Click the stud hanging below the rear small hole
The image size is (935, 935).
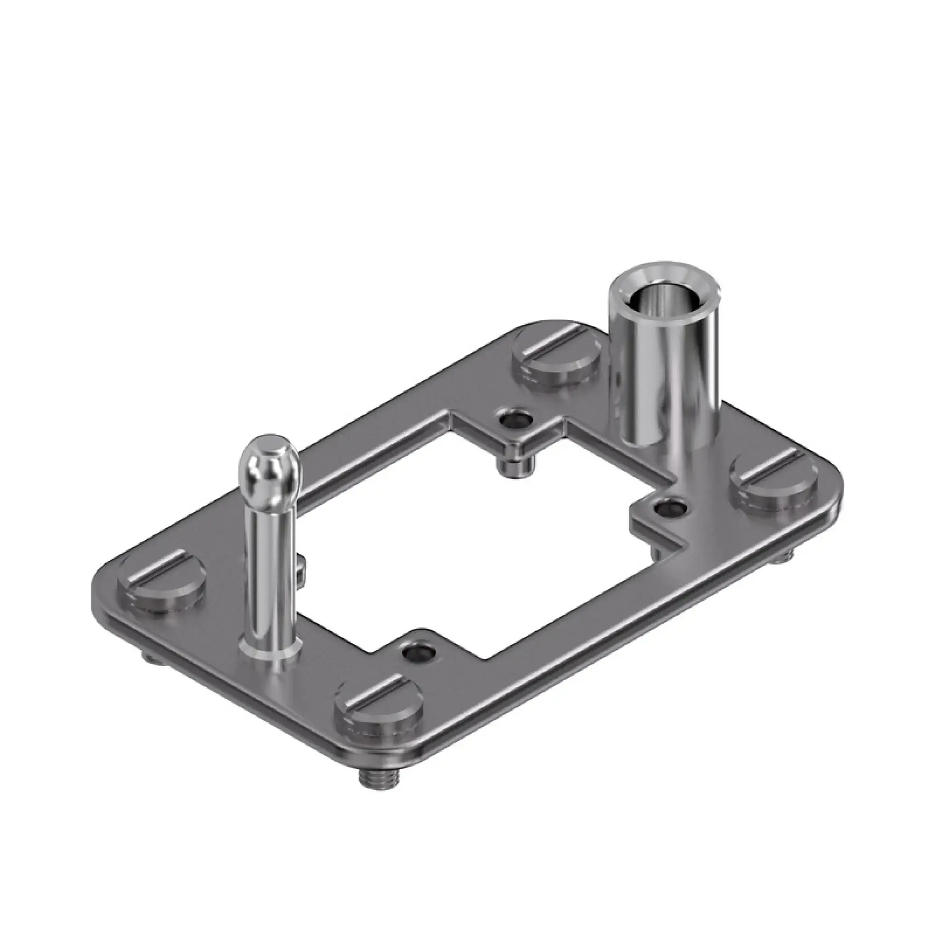tap(517, 467)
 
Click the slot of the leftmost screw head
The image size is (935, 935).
tap(160, 571)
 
